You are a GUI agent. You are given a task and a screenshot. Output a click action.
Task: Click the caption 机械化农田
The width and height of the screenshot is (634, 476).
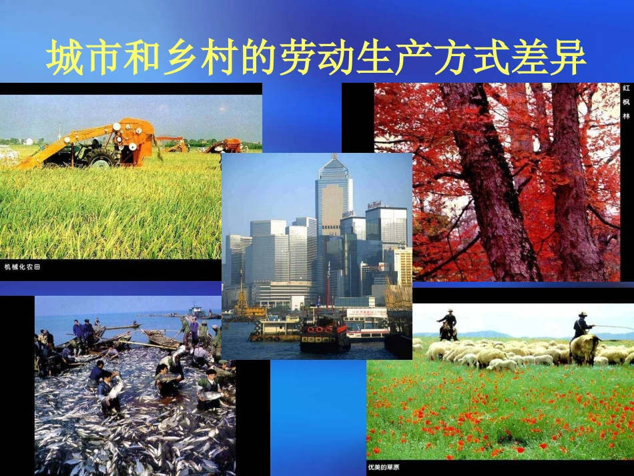[x=23, y=267]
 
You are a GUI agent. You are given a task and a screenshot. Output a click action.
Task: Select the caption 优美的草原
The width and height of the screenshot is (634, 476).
[x=386, y=465]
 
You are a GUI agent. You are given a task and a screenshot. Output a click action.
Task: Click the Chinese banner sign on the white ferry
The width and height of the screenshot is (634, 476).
[x=364, y=312]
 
